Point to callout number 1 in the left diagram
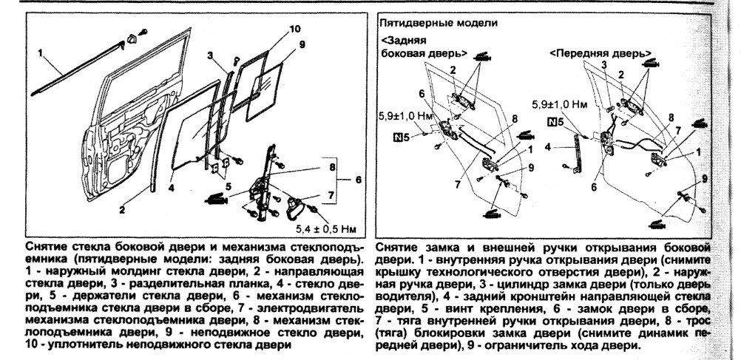tap(43, 53)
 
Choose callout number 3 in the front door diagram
tap(604, 66)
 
